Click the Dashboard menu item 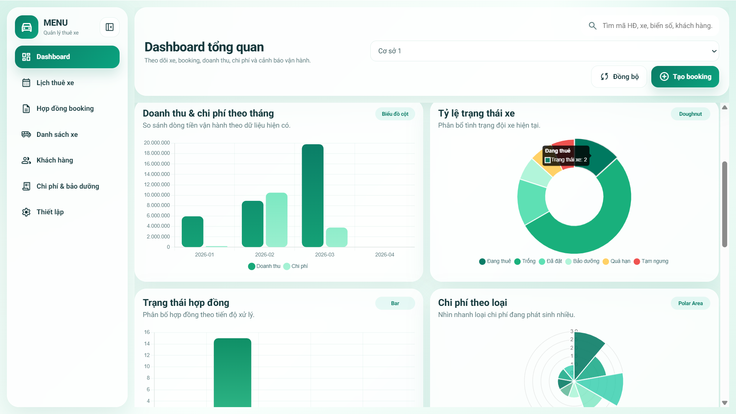67,57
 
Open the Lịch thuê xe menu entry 55,83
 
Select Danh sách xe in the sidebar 57,135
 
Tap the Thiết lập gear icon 26,212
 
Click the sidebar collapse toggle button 110,27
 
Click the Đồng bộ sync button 619,77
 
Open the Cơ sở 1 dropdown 544,51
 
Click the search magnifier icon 592,26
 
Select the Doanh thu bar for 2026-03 312,195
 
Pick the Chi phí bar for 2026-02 276,220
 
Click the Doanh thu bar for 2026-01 192,232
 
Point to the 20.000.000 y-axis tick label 157,143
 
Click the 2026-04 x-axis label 384,255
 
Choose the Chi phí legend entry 296,266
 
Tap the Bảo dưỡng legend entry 582,261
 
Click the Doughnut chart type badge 690,114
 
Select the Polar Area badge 690,303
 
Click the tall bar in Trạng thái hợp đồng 232,372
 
